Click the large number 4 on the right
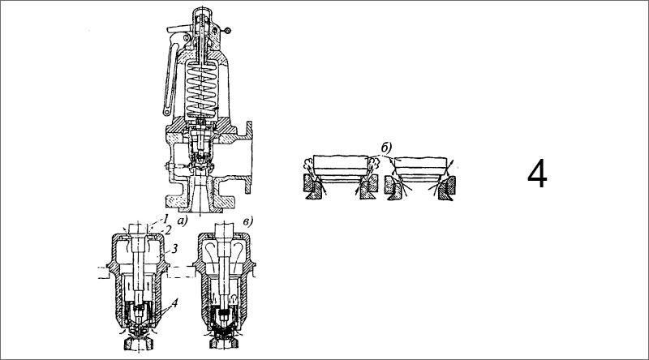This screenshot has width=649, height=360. pyautogui.click(x=538, y=174)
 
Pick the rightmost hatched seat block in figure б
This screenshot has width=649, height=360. pyautogui.click(x=445, y=191)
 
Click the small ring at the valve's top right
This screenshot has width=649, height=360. pyautogui.click(x=229, y=30)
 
